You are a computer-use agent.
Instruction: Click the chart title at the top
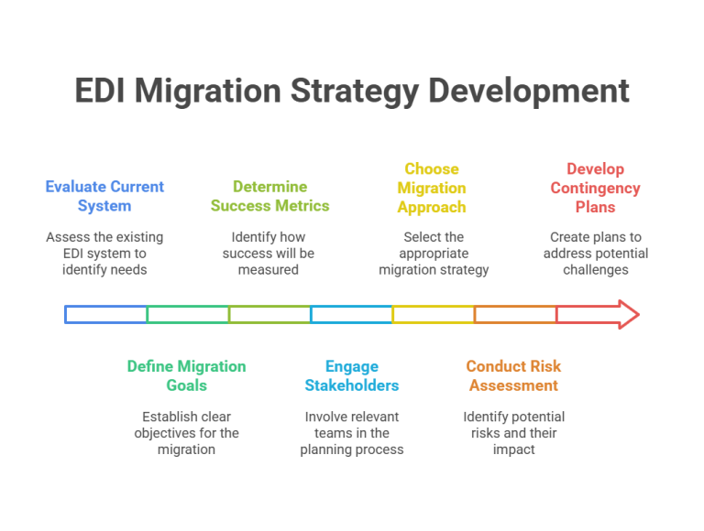pos(352,92)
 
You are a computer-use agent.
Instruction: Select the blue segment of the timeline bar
pos(104,320)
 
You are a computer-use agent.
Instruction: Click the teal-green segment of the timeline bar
pos(186,320)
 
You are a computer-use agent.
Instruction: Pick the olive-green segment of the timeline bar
pos(269,320)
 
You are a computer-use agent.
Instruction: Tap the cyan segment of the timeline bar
pos(350,320)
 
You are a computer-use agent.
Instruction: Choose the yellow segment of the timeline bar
pos(432,316)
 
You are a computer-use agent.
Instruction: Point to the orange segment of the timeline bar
pos(513,316)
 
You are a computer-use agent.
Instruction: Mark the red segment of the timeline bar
pos(587,316)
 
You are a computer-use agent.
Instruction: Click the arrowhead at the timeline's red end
pos(629,316)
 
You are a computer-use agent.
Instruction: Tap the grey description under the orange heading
pos(513,430)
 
